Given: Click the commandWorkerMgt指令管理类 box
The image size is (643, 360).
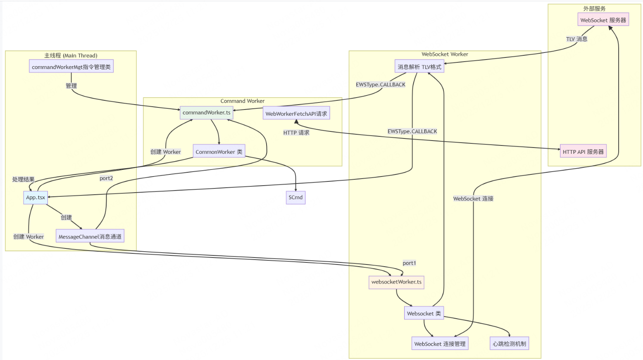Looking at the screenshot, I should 71,67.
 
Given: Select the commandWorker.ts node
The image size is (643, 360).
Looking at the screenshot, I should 206,112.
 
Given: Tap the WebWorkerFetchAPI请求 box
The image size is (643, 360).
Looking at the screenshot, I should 296,114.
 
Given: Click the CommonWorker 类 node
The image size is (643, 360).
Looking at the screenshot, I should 219,152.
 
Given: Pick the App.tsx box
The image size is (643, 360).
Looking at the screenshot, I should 36,198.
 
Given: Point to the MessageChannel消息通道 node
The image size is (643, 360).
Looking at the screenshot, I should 90,236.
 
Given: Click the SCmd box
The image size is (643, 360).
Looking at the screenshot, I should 295,198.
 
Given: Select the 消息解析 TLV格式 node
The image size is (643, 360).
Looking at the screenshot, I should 419,67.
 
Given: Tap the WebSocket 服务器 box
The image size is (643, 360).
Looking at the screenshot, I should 603,20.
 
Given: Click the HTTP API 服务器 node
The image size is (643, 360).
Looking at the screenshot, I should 583,152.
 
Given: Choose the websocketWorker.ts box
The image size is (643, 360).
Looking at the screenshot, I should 396,282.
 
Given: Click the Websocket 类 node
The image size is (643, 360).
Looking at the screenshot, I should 424,313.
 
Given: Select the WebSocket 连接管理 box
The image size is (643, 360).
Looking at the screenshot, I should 440,343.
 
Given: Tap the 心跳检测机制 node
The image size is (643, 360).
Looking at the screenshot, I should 509,343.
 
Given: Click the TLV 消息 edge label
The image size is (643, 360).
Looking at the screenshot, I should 576,39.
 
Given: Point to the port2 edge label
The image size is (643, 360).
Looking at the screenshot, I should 106,178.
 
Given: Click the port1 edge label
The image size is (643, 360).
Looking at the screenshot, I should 409,263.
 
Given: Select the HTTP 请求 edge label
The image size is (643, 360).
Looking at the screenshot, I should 296,133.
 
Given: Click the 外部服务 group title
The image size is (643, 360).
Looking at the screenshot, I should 594,9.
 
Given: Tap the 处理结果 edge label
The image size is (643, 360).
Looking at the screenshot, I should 24,179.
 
